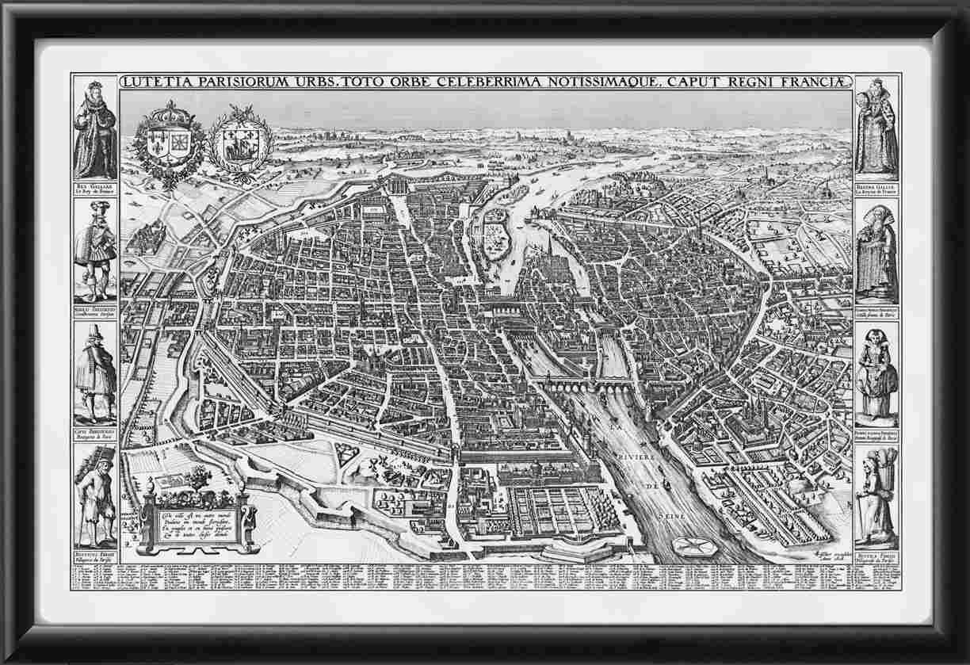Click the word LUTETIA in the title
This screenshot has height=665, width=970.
coord(155,81)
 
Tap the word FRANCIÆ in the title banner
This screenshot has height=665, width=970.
coord(816,81)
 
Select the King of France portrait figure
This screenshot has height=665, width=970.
coord(94,127)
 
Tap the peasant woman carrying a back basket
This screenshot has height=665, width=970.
coord(876,495)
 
